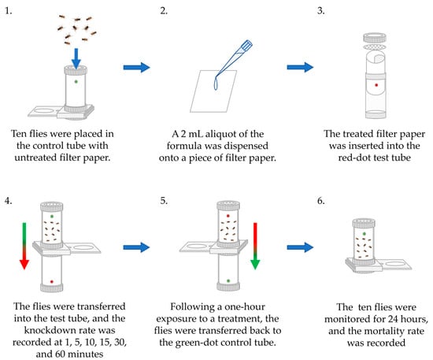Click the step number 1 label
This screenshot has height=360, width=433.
click(9, 11)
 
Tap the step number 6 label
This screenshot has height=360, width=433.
click(320, 201)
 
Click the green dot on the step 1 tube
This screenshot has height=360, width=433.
click(76, 81)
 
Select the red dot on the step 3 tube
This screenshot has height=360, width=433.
click(376, 85)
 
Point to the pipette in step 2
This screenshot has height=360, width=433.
click(234, 58)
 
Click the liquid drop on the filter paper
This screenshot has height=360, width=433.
click(216, 84)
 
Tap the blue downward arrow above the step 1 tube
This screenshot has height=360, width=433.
click(76, 58)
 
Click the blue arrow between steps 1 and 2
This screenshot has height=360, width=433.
click(136, 68)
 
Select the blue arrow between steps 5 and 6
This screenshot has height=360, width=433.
click(300, 247)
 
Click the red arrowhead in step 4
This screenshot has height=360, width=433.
click(24, 264)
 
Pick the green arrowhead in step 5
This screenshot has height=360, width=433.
click(255, 264)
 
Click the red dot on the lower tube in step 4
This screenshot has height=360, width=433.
click(52, 281)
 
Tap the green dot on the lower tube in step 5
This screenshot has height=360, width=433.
click(228, 280)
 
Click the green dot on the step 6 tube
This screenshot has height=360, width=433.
click(365, 234)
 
